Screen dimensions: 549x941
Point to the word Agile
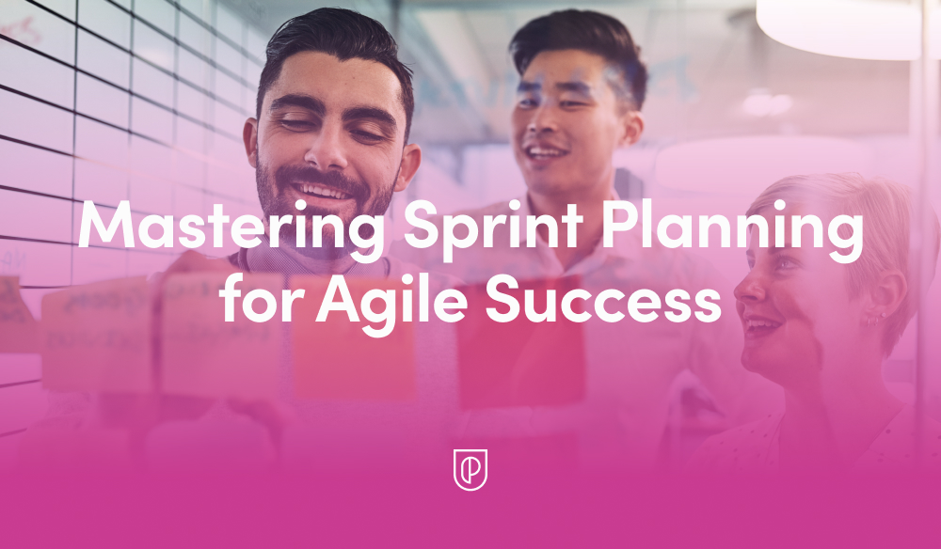pyautogui.click(x=394, y=304)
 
